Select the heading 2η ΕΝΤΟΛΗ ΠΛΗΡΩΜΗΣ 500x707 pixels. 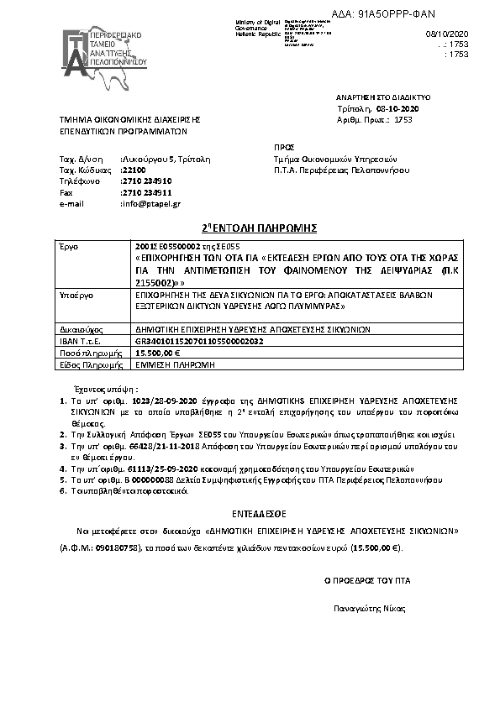[x=250, y=228]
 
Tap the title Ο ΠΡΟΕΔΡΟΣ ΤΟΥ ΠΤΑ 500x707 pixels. [x=368, y=580]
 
